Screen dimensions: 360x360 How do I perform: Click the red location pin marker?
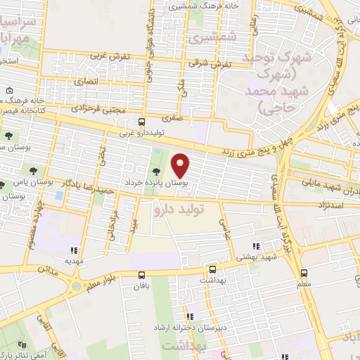(x=181, y=166)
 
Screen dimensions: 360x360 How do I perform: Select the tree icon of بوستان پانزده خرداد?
(x=155, y=172)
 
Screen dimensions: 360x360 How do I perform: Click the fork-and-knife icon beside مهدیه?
(x=72, y=249)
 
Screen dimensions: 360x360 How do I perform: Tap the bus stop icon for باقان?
(x=143, y=276)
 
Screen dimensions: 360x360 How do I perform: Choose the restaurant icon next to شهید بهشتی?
(x=257, y=246)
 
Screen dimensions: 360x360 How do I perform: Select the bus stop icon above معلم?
(x=304, y=273)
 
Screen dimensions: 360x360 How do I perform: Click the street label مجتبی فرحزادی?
(x=98, y=108)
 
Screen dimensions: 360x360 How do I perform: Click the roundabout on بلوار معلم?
(x=77, y=288)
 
